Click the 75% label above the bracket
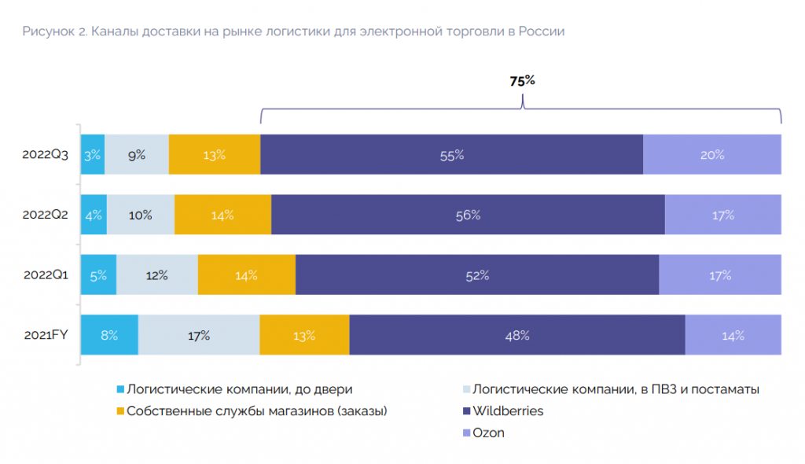pos(522,81)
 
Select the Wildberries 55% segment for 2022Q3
pos(451,155)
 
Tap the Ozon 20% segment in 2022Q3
pos(712,155)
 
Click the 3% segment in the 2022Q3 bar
pos(93,155)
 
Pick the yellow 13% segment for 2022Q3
pos(214,155)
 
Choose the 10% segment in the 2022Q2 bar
pos(141,215)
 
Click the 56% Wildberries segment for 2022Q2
pos(468,215)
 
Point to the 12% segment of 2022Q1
pos(156,275)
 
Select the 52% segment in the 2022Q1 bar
pos(477,275)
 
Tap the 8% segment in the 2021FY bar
pos(109,335)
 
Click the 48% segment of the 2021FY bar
pos(517,335)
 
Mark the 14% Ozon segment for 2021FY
pos(733,335)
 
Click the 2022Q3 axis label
pos(46,155)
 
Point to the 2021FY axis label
pos(46,335)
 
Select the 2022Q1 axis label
pos(46,275)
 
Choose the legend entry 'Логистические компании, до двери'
pos(239,389)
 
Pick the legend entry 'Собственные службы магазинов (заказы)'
pos(257,411)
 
